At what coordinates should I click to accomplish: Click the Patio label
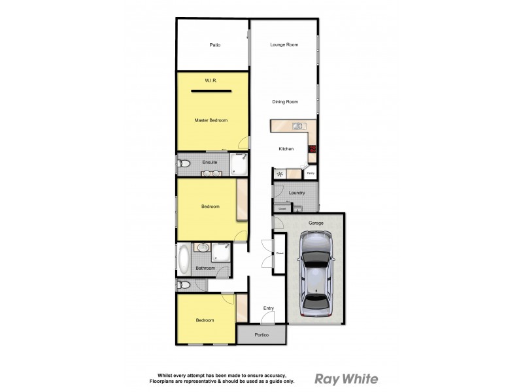point(214,45)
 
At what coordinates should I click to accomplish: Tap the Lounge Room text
point(284,44)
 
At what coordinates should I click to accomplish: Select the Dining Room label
point(285,102)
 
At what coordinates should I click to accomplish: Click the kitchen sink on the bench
point(297,126)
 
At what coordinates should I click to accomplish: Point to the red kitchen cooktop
point(312,150)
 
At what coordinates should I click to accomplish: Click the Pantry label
point(311,173)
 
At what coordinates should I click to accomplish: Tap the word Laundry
point(297,193)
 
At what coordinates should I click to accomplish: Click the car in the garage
point(315,274)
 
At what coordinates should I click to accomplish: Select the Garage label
point(316,223)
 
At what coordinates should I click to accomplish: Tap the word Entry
point(268,308)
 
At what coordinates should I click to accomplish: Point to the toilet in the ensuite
point(184,163)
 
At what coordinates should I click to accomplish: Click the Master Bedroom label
point(211,120)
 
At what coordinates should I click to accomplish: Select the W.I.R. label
point(211,80)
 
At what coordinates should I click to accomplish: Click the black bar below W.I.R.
point(211,92)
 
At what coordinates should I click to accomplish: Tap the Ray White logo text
point(346,378)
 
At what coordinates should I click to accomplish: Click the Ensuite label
point(210,162)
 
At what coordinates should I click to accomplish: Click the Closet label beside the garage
point(280,253)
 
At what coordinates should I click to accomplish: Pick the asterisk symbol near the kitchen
point(280,174)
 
